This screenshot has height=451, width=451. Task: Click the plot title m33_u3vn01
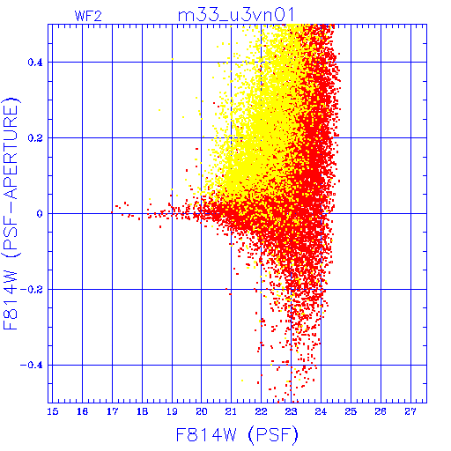coord(236,15)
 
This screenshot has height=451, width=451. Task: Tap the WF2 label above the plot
coord(88,16)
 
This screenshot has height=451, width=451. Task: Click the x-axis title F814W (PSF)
coord(237,434)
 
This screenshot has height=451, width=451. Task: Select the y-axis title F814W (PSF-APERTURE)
coord(11,213)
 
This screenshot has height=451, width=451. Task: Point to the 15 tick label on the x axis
coord(53,411)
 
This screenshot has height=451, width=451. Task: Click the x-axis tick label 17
coord(112,411)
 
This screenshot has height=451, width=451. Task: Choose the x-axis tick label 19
coord(172,411)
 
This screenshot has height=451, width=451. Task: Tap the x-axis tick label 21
coord(232,411)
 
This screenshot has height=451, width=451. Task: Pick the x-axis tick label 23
coord(291,411)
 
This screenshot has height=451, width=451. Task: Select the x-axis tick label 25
coord(351,411)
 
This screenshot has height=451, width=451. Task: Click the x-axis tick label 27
coord(410,411)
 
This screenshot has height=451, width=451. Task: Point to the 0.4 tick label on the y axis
coord(35,63)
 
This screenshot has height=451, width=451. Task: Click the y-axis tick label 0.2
coord(35,138)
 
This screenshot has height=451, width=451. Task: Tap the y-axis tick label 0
coord(40,214)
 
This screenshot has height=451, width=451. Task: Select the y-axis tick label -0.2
coord(32,290)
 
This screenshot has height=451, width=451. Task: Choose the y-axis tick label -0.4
coord(32,366)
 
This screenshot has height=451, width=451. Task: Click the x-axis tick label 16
coord(83,411)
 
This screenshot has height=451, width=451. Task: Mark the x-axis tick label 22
coord(261,411)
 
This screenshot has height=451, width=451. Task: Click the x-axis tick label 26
coord(381,411)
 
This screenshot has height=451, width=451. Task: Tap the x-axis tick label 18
coord(142,411)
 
